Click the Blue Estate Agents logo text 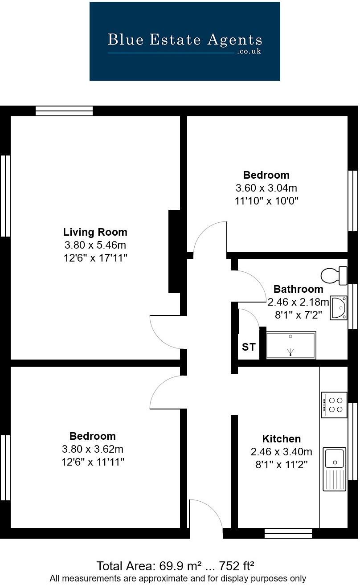pyautogui.click(x=184, y=40)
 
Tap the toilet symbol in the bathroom pyautogui.click(x=334, y=275)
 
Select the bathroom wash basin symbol pyautogui.click(x=339, y=307)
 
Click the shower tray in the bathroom pyautogui.click(x=291, y=344)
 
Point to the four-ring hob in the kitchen pyautogui.click(x=334, y=405)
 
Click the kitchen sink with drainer pyautogui.click(x=334, y=468)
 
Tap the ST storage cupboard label pyautogui.click(x=249, y=347)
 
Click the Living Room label pyautogui.click(x=95, y=232)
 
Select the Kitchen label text pyautogui.click(x=281, y=439)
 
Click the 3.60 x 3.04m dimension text pyautogui.click(x=266, y=188)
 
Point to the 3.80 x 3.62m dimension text pyautogui.click(x=93, y=449)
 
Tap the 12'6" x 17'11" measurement pyautogui.click(x=95, y=258)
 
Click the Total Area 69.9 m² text pyautogui.click(x=176, y=566)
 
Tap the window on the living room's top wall pyautogui.click(x=64, y=110)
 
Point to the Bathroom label pyautogui.click(x=298, y=289)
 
